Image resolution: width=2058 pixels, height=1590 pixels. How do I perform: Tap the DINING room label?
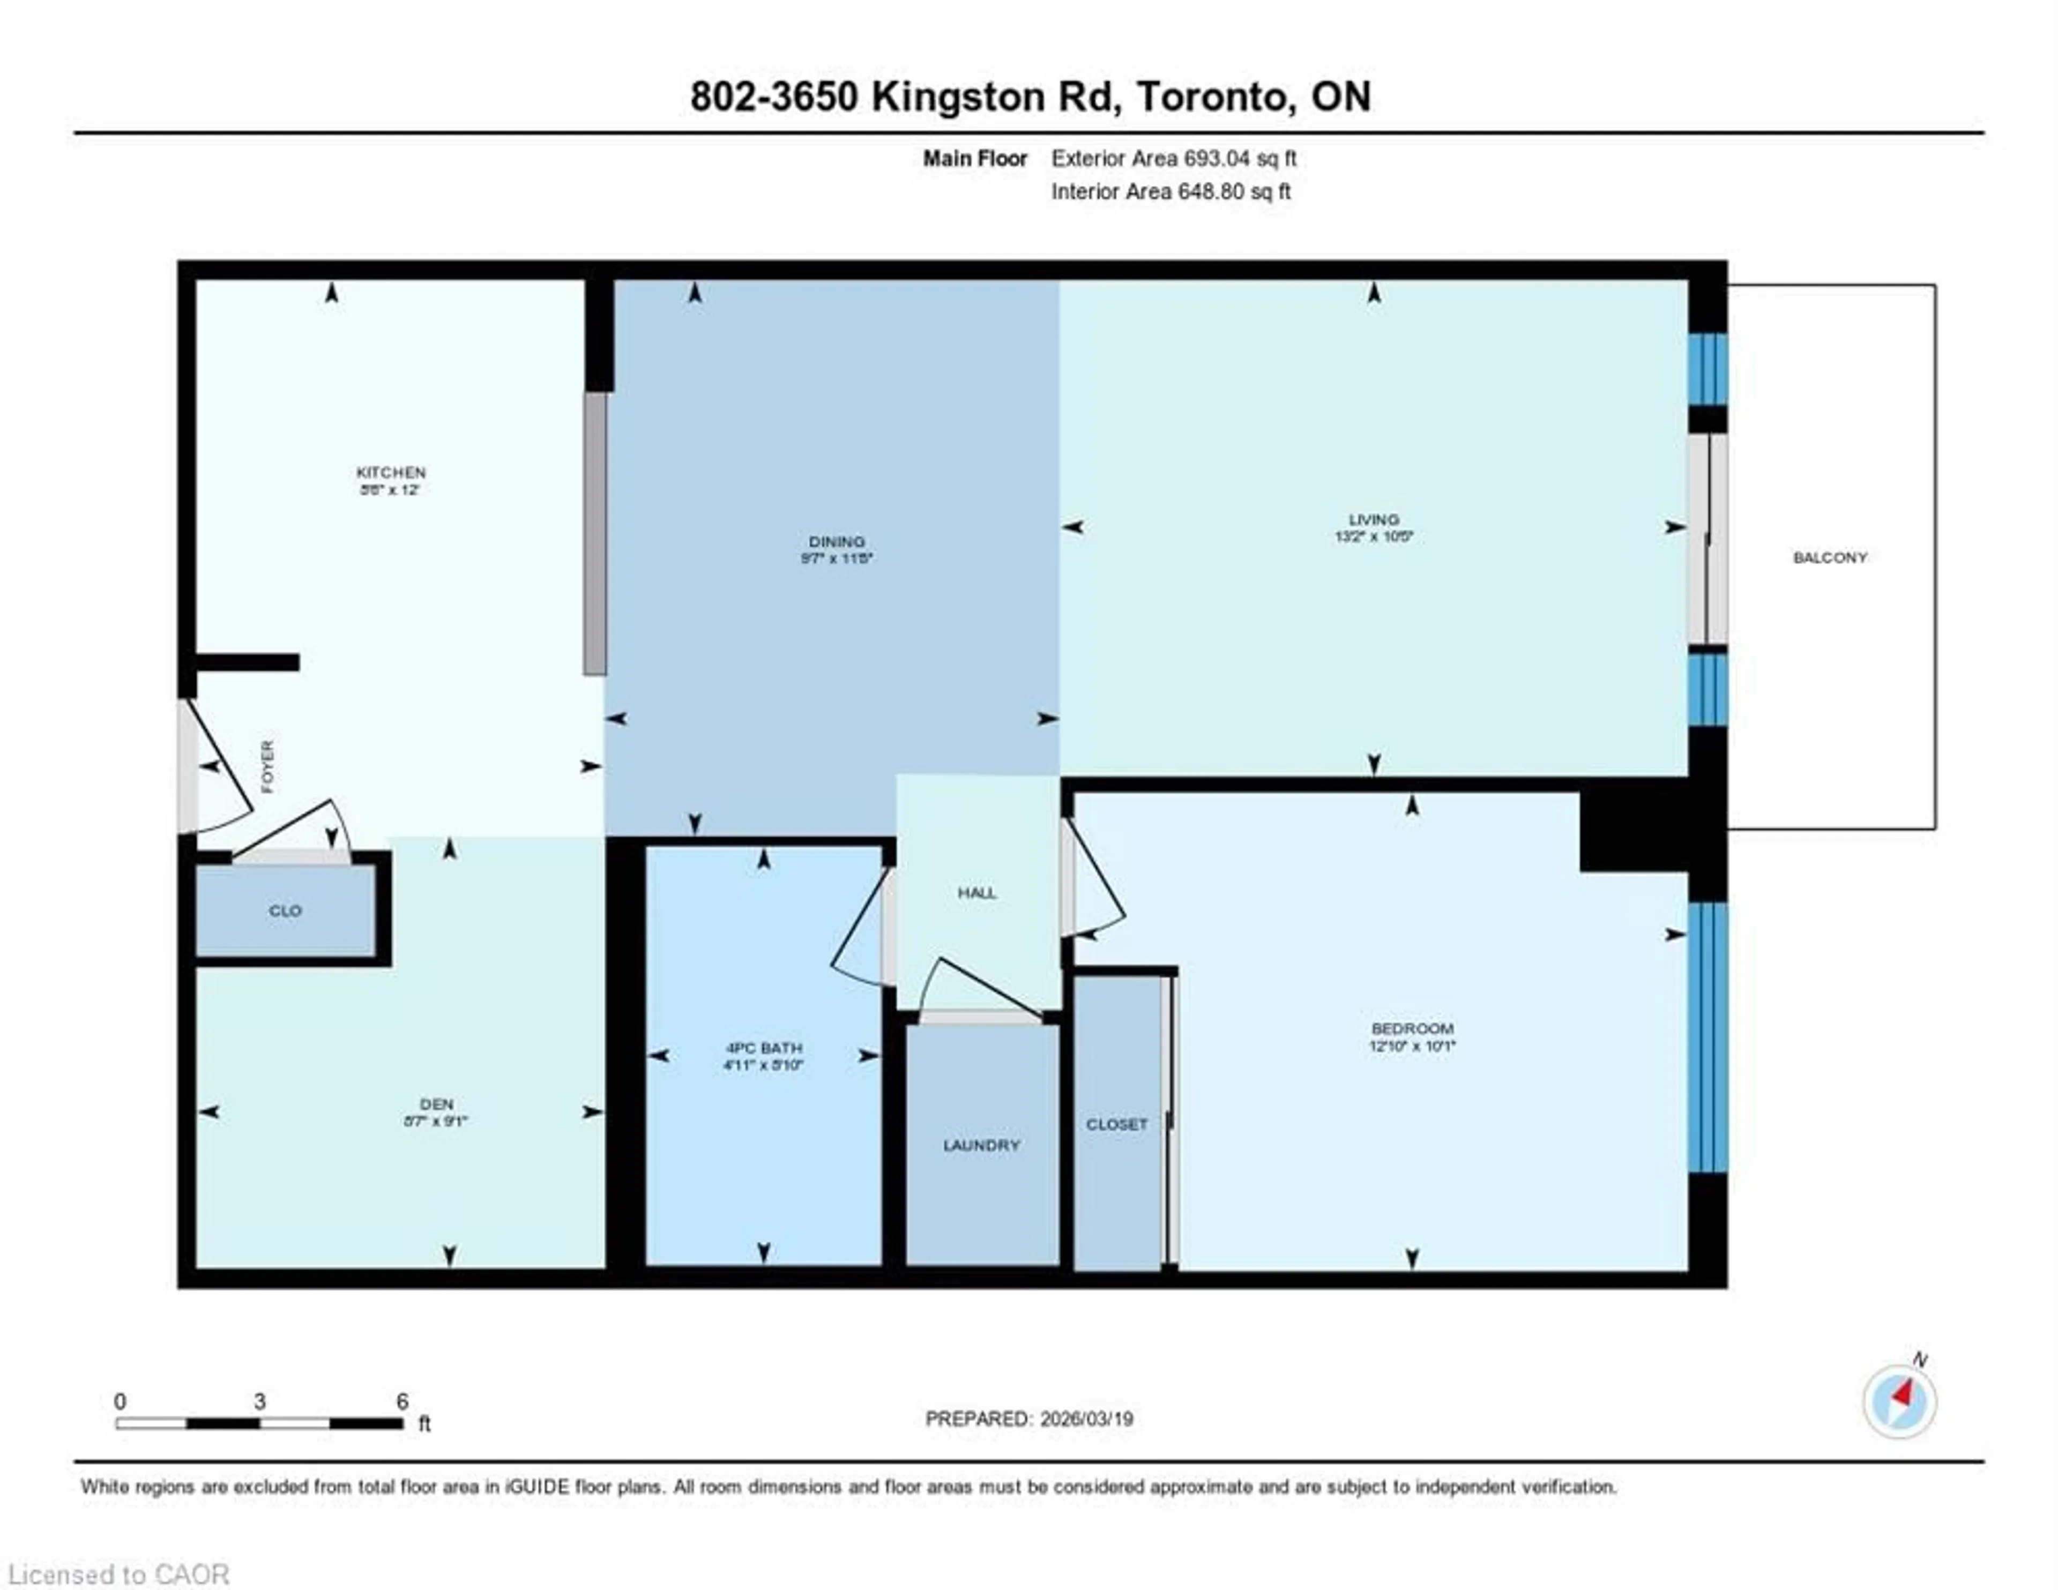click(x=836, y=542)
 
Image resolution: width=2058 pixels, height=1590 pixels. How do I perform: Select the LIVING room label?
click(x=1373, y=519)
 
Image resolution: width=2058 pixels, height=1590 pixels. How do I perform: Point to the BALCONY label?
click(x=1829, y=558)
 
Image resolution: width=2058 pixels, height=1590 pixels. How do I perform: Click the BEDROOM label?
click(x=1412, y=1028)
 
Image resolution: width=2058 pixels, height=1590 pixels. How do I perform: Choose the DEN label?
click(x=436, y=1103)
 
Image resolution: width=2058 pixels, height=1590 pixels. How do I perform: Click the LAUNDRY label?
click(x=981, y=1145)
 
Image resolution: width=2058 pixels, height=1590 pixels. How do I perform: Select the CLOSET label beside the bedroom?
click(x=1117, y=1124)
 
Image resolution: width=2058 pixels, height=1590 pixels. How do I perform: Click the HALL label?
click(x=976, y=893)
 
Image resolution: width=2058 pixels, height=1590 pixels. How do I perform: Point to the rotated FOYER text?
click(x=267, y=766)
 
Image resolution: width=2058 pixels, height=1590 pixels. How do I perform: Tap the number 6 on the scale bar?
click(x=402, y=1401)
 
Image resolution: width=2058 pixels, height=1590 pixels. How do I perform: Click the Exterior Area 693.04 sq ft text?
click(x=1173, y=158)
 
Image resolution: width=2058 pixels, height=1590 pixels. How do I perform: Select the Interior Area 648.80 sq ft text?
click(x=1170, y=191)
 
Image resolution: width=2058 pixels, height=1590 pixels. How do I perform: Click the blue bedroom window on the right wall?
click(x=1706, y=1037)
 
